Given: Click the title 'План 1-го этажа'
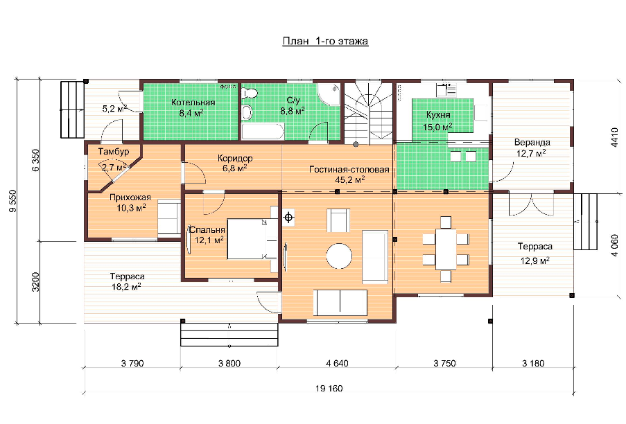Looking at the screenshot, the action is coord(325,41).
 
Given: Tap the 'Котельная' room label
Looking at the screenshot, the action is coord(193,103).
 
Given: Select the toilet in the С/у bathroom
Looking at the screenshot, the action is coord(250,94).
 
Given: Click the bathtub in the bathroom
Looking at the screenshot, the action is coord(263,132).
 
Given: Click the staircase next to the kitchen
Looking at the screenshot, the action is coord(369,114).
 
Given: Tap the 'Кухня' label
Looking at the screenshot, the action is coord(438,115).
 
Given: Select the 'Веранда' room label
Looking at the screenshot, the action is coord(532,143).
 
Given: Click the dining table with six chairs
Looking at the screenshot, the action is coord(446,249).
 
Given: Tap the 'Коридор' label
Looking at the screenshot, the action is coord(235,159).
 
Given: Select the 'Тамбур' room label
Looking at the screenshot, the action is coord(114,152).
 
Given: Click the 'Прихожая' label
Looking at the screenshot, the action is coord(130,197).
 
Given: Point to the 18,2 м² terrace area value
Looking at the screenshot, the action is coord(125,286).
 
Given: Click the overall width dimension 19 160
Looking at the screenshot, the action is coord(329,389).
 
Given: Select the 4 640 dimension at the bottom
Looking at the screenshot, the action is coord(338,363).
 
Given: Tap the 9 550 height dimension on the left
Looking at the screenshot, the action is coord(12,201).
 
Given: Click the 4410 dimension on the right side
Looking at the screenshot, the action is coord(615,136).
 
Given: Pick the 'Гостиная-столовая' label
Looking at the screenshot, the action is coord(349,170).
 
